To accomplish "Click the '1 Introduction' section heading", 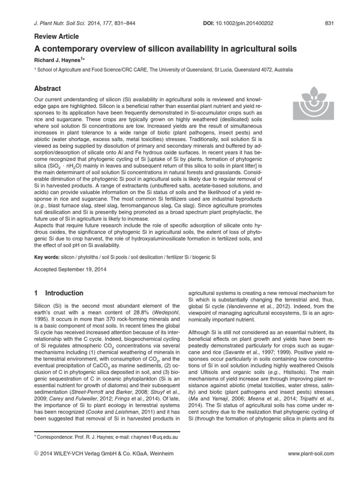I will (59, 293).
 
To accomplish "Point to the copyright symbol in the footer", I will (37, 454).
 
